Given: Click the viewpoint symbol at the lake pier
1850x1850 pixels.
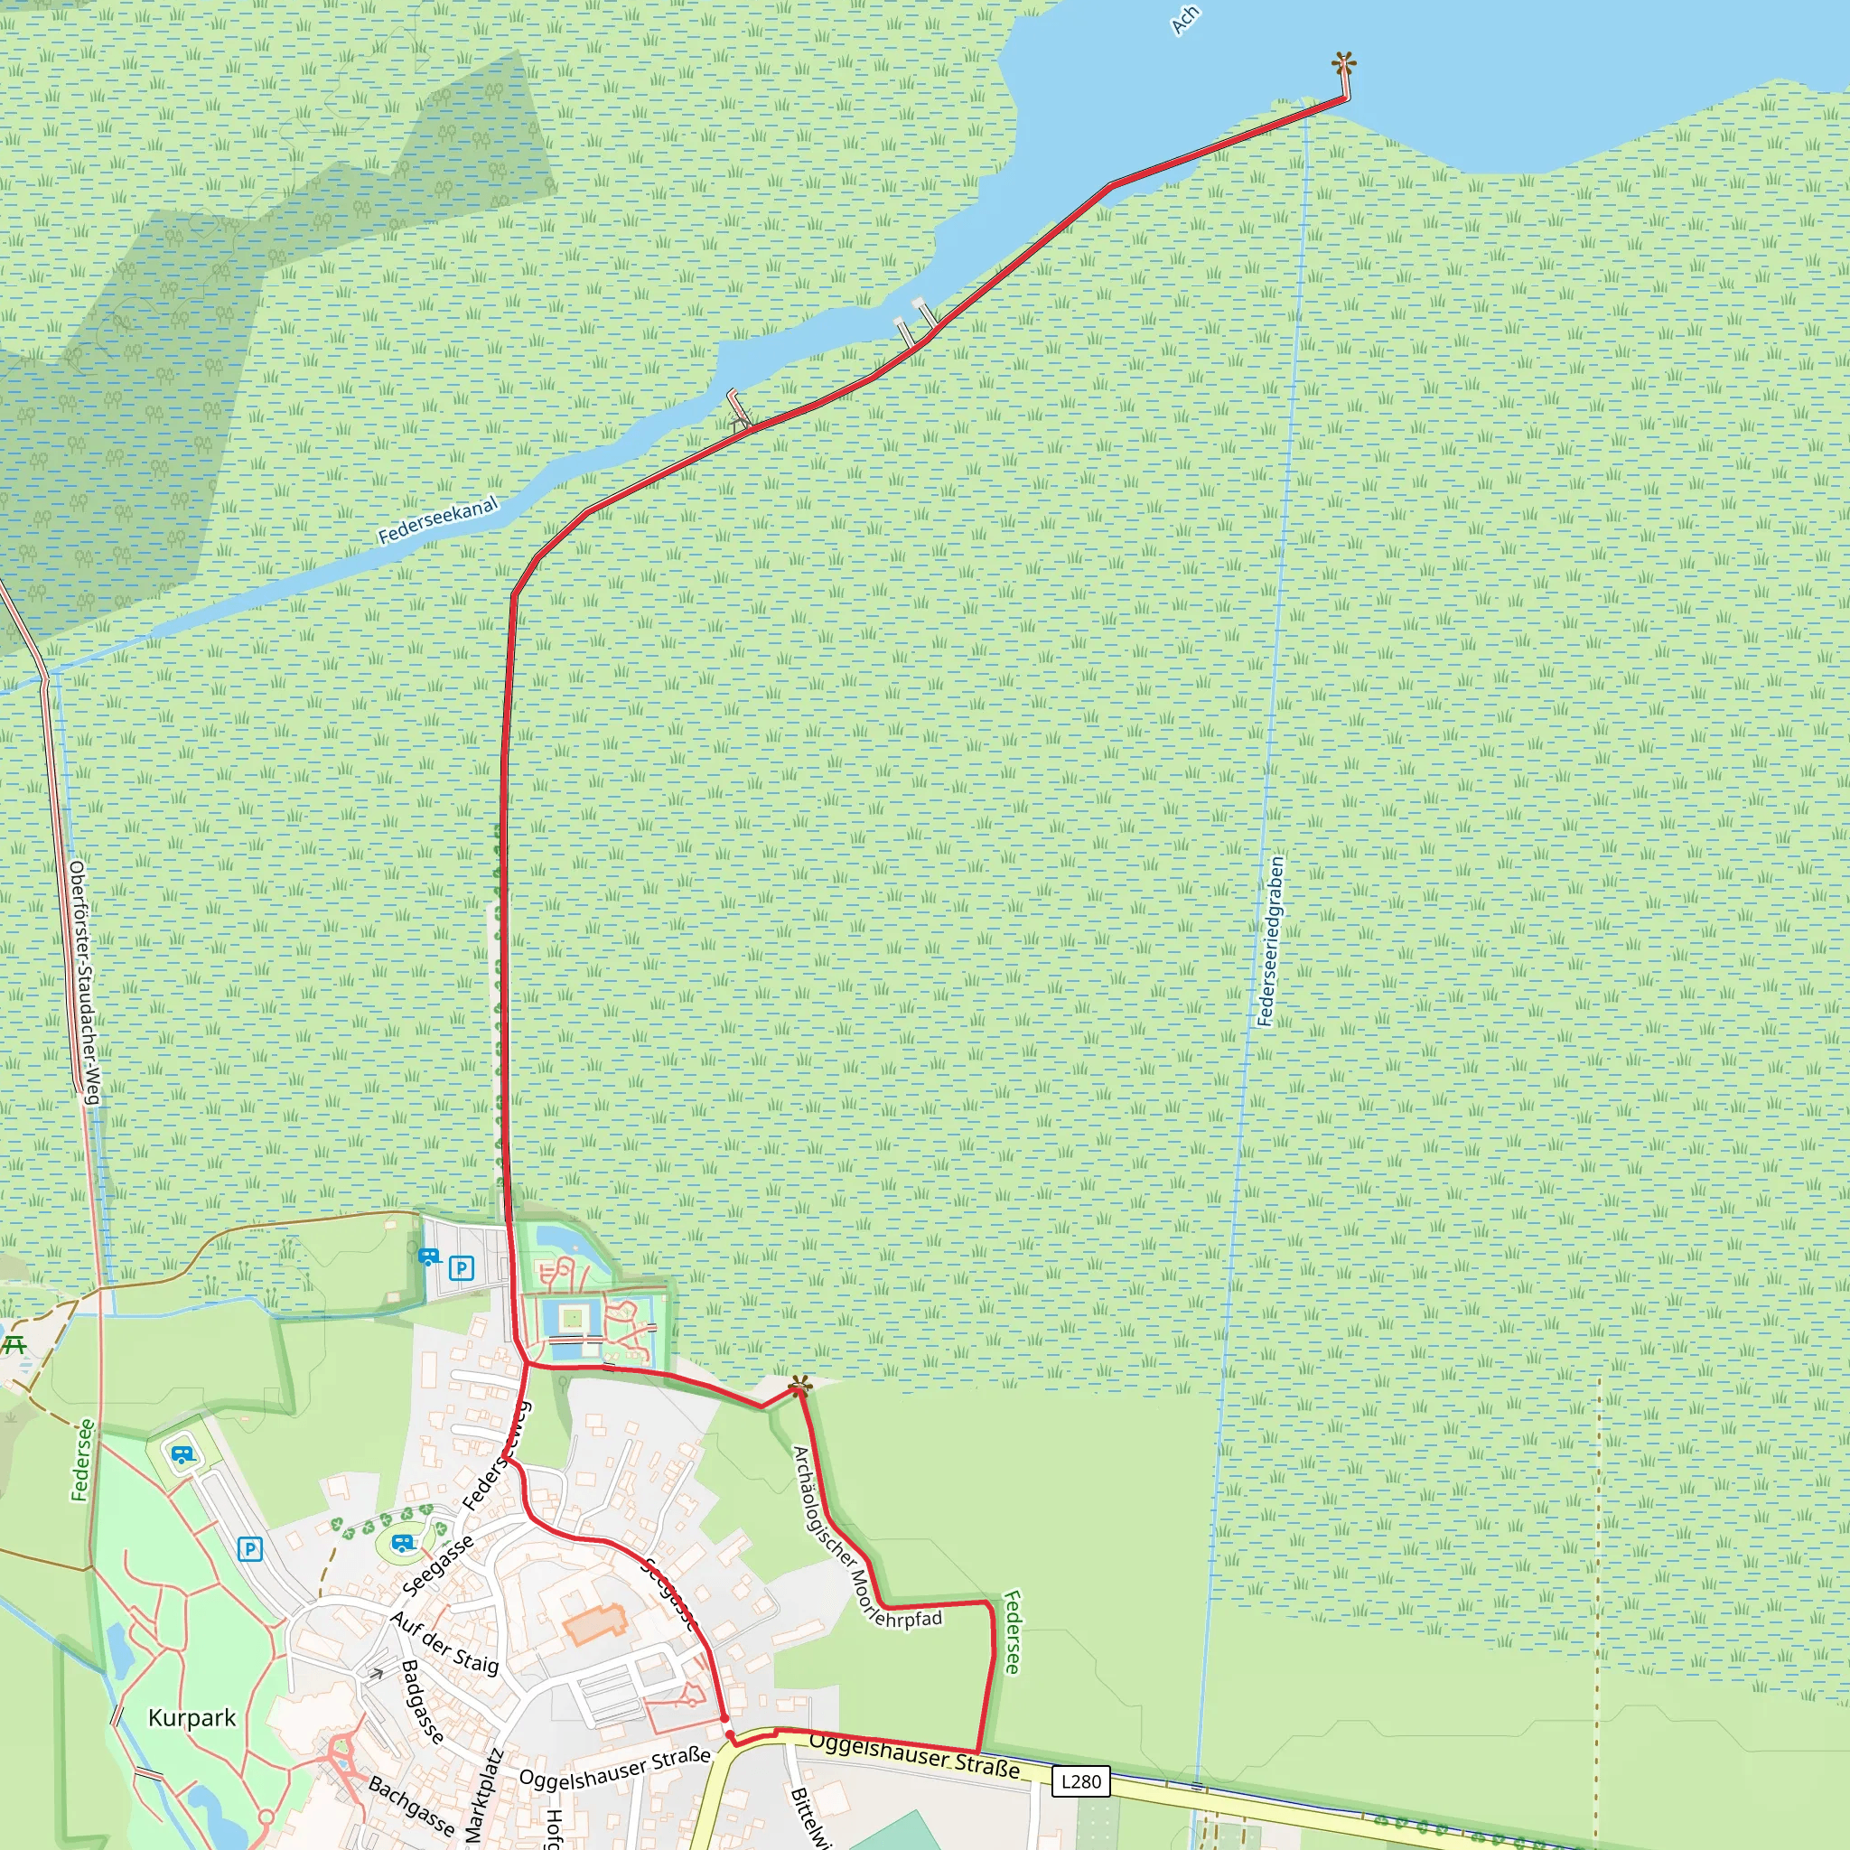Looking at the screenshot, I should pyautogui.click(x=1343, y=64).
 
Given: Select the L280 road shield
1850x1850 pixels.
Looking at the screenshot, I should pyautogui.click(x=1081, y=1781).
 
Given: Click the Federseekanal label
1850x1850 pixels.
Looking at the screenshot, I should pyautogui.click(x=437, y=521).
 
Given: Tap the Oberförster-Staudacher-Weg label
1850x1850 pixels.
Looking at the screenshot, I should pyautogui.click(x=84, y=983).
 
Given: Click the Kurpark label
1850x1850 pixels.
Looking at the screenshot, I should pyautogui.click(x=192, y=1718).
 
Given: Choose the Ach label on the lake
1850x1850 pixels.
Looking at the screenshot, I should pyautogui.click(x=1185, y=20).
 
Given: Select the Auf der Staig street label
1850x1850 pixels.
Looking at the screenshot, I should pyautogui.click(x=445, y=1643).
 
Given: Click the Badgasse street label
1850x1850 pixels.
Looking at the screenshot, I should pyautogui.click(x=422, y=1702).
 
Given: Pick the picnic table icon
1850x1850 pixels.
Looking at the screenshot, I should pyautogui.click(x=14, y=1344).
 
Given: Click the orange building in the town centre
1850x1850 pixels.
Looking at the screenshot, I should pyautogui.click(x=594, y=1624).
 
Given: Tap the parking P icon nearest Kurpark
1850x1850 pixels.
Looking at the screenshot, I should pyautogui.click(x=250, y=1548).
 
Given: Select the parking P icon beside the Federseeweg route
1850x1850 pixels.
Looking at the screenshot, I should pyautogui.click(x=462, y=1269).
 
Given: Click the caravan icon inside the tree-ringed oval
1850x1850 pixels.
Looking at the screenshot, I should pyautogui.click(x=403, y=1543).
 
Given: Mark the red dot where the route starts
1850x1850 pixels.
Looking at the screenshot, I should pyautogui.click(x=730, y=1735).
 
